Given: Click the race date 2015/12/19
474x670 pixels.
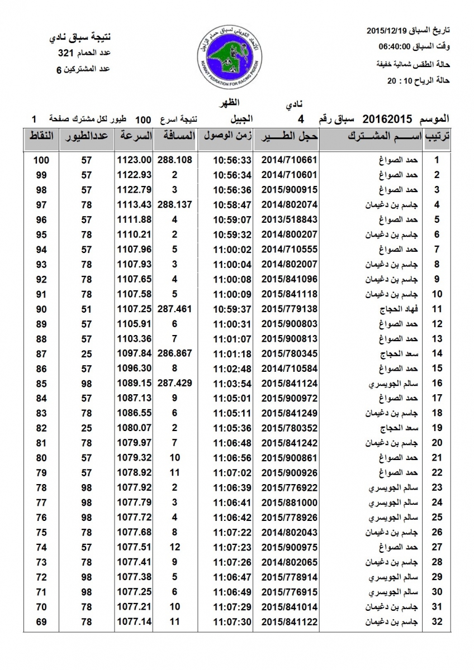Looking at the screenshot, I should tap(387, 29).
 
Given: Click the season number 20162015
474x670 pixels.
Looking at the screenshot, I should tap(387, 119).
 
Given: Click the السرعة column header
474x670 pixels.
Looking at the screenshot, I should tap(134, 136).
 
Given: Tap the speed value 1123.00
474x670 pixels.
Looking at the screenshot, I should tap(134, 160).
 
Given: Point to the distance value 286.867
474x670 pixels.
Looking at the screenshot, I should tap(175, 353).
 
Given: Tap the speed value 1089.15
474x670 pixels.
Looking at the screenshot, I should tap(134, 383).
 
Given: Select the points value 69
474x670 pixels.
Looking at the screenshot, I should tap(41, 621).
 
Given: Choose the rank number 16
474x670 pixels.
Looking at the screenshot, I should tap(438, 383).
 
